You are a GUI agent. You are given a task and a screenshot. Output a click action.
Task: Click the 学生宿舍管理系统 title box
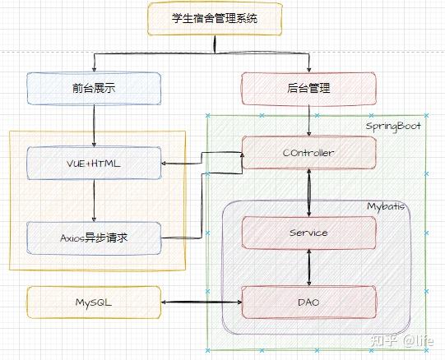215,18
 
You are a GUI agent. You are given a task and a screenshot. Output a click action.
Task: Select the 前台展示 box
94,88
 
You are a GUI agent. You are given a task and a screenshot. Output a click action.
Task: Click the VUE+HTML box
94,164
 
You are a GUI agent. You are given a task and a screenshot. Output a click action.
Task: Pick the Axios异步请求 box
94,238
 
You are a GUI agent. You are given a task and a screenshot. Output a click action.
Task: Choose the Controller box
309,153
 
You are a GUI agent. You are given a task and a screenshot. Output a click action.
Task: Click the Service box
309,233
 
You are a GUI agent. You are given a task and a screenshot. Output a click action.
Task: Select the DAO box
309,302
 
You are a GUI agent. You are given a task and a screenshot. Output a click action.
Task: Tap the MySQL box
94,302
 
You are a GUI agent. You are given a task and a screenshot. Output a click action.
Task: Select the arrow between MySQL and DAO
202,303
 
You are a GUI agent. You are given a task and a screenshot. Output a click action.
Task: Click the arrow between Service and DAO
309,267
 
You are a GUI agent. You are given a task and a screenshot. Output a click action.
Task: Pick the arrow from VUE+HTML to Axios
94,201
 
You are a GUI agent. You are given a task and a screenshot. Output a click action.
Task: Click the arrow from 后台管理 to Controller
309,120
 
